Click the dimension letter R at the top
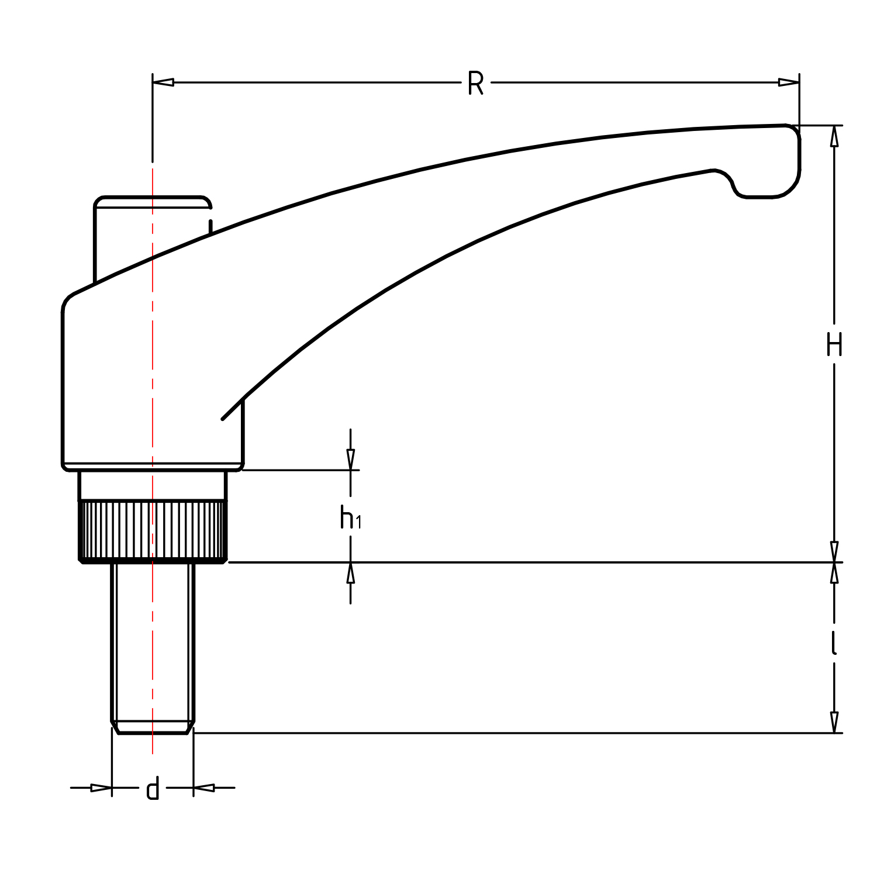475,84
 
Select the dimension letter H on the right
834,345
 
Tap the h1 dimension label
350,518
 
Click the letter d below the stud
153,790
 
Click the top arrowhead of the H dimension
834,136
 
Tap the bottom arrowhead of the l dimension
834,723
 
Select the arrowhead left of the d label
101,788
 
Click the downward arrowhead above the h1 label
350,460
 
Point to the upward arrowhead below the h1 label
350,573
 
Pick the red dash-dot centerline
153,351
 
